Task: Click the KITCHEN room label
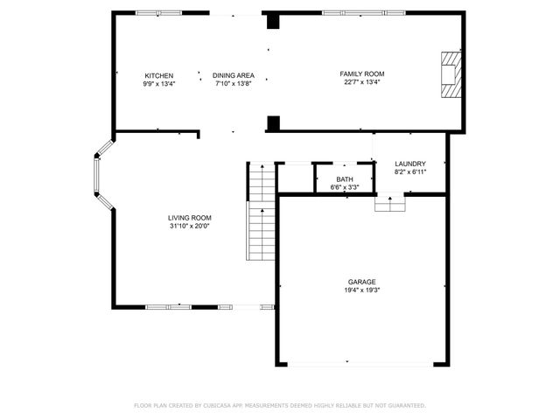click(x=159, y=76)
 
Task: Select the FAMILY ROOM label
click(x=362, y=74)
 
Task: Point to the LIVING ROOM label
click(x=190, y=218)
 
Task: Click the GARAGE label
click(x=362, y=282)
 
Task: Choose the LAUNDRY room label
click(x=410, y=164)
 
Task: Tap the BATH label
click(x=345, y=179)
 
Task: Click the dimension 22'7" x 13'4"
click(x=362, y=83)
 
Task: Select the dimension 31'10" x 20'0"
click(x=190, y=226)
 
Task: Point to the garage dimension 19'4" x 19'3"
click(x=362, y=290)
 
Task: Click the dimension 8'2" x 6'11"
click(x=410, y=171)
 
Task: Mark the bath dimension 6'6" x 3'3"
click(x=345, y=187)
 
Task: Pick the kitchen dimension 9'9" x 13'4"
click(x=159, y=84)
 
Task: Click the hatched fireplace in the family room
click(x=449, y=76)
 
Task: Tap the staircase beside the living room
click(x=259, y=210)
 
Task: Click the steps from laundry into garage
click(x=389, y=203)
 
